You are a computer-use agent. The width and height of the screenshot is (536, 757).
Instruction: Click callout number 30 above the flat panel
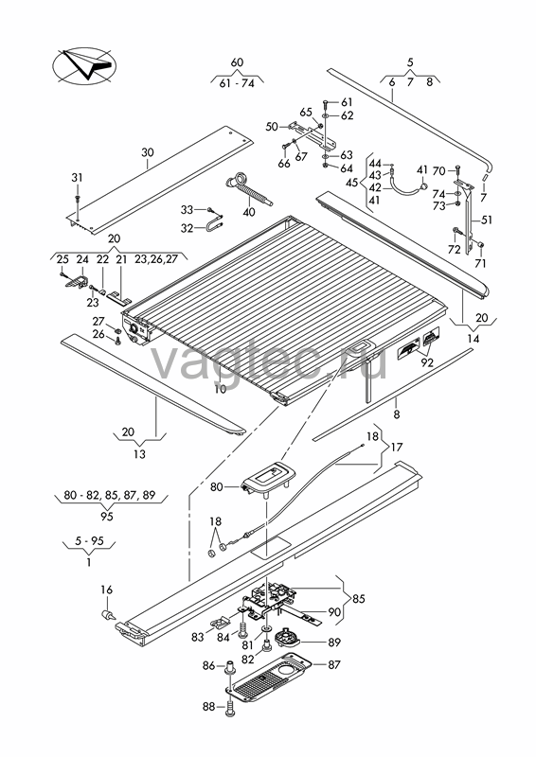tap(148, 152)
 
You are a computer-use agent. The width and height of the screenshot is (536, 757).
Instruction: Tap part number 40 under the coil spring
tap(249, 211)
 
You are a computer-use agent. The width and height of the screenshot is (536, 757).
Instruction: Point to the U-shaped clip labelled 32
tap(214, 226)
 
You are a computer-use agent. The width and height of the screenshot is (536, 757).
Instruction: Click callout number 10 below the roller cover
tap(221, 389)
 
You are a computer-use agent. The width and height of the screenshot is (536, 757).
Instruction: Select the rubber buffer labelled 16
tap(107, 615)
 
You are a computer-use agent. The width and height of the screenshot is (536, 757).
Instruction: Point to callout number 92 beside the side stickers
tap(427, 362)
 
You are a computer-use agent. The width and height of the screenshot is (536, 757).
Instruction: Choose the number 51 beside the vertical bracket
tap(486, 220)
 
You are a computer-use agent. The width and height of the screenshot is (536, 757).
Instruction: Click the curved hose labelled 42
tap(409, 188)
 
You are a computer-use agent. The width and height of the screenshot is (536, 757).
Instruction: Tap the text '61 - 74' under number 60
tap(237, 83)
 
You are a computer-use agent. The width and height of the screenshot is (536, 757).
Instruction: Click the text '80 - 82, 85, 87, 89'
tap(110, 495)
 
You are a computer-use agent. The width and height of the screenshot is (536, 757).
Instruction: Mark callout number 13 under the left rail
tap(139, 454)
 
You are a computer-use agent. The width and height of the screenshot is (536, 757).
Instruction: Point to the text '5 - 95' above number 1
tap(90, 540)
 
